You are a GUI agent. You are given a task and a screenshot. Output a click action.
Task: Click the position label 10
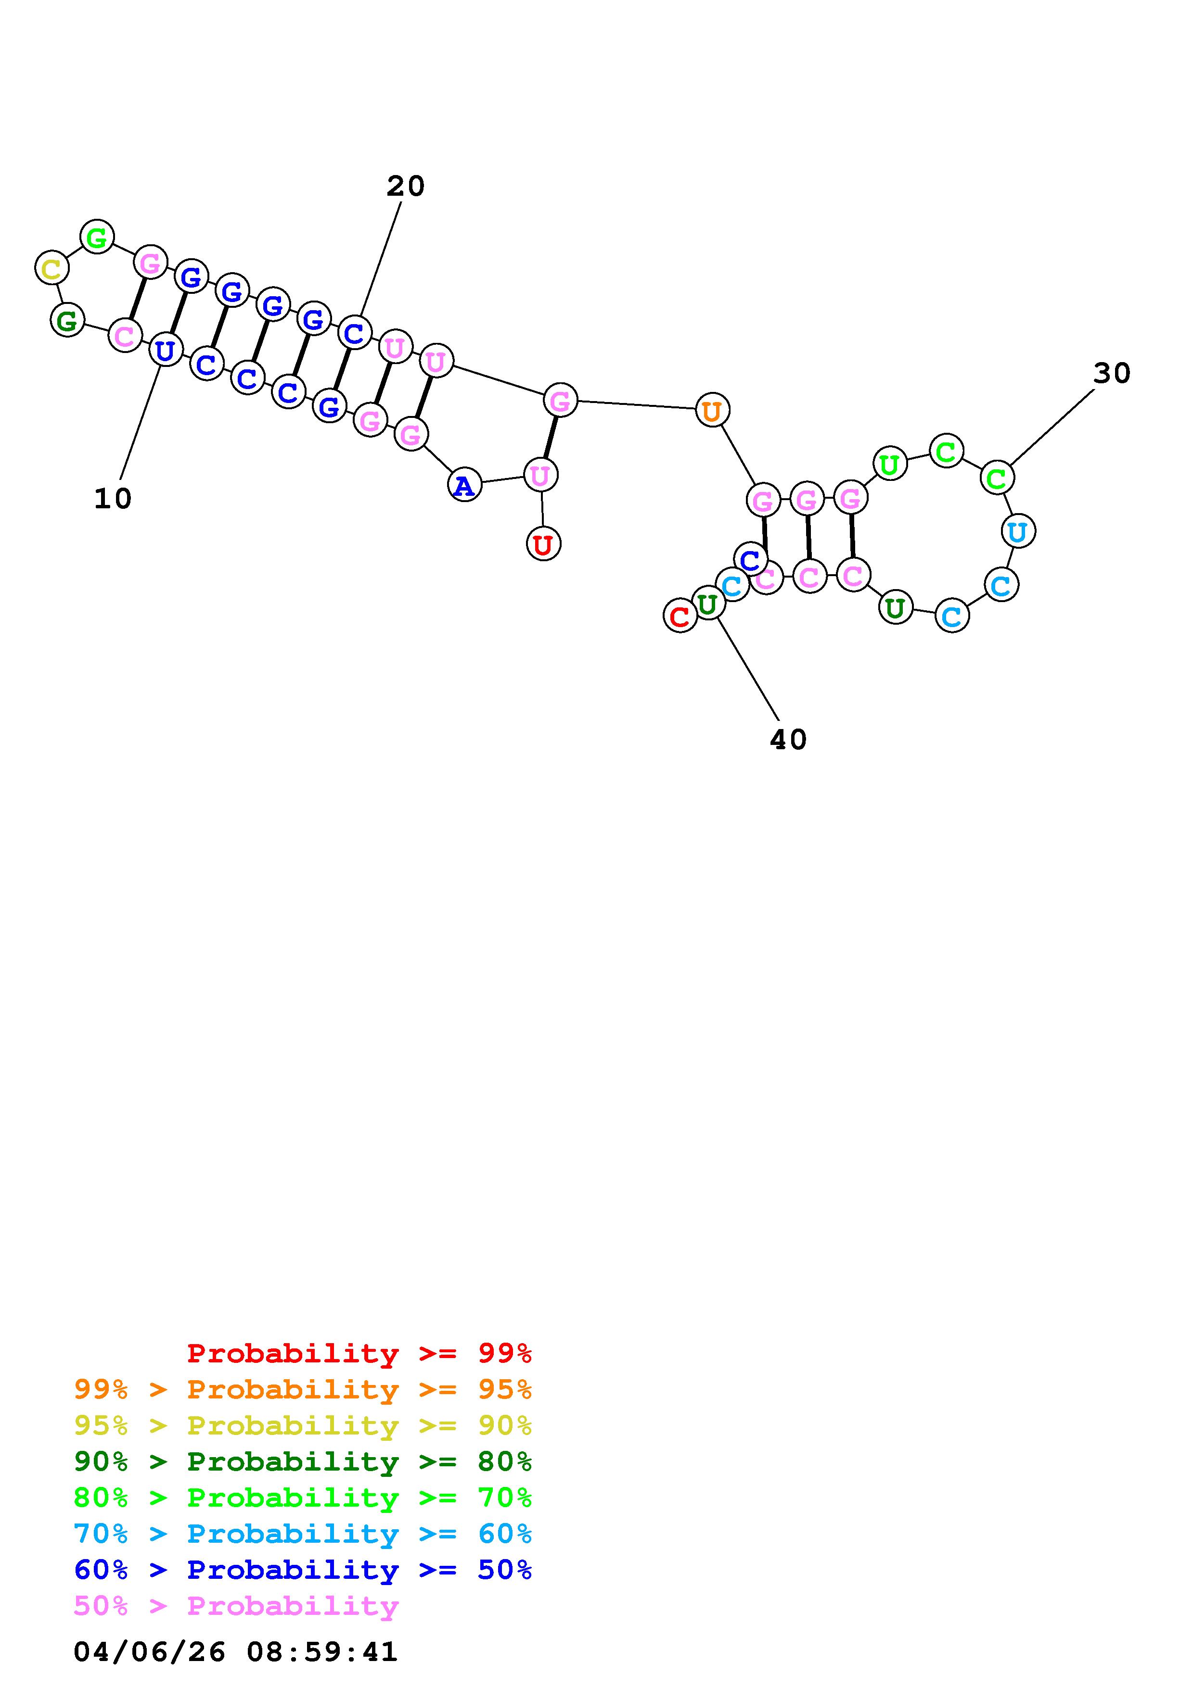[113, 499]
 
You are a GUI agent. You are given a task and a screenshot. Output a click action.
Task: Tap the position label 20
[405, 186]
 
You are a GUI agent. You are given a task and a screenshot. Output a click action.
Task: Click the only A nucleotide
[464, 485]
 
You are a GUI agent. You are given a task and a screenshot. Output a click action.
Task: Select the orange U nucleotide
[712, 411]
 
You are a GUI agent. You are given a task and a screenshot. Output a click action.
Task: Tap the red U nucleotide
[543, 544]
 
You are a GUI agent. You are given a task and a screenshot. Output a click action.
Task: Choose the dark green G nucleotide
[67, 320]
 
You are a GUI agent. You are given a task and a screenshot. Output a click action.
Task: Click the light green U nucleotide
[889, 465]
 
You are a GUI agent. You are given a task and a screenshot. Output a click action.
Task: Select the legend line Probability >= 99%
[359, 1353]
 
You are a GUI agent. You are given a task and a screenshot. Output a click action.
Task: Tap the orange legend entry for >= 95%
[302, 1389]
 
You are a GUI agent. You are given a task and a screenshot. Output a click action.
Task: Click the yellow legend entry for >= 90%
[302, 1425]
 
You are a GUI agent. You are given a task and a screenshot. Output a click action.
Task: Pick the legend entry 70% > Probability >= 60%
[302, 1534]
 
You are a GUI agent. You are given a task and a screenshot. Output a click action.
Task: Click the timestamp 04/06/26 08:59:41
[235, 1651]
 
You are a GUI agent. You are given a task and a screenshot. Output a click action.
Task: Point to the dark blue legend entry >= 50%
[302, 1570]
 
